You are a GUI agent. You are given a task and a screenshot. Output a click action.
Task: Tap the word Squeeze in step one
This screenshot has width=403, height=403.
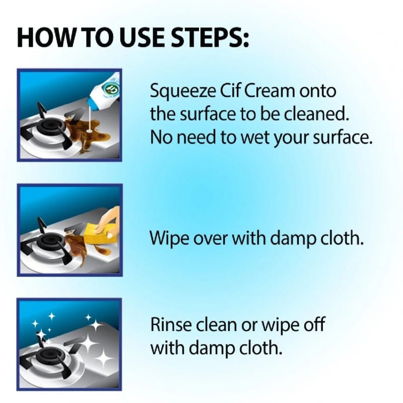point(183,92)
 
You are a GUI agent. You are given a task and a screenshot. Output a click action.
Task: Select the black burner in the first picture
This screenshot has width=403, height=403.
point(49,128)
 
